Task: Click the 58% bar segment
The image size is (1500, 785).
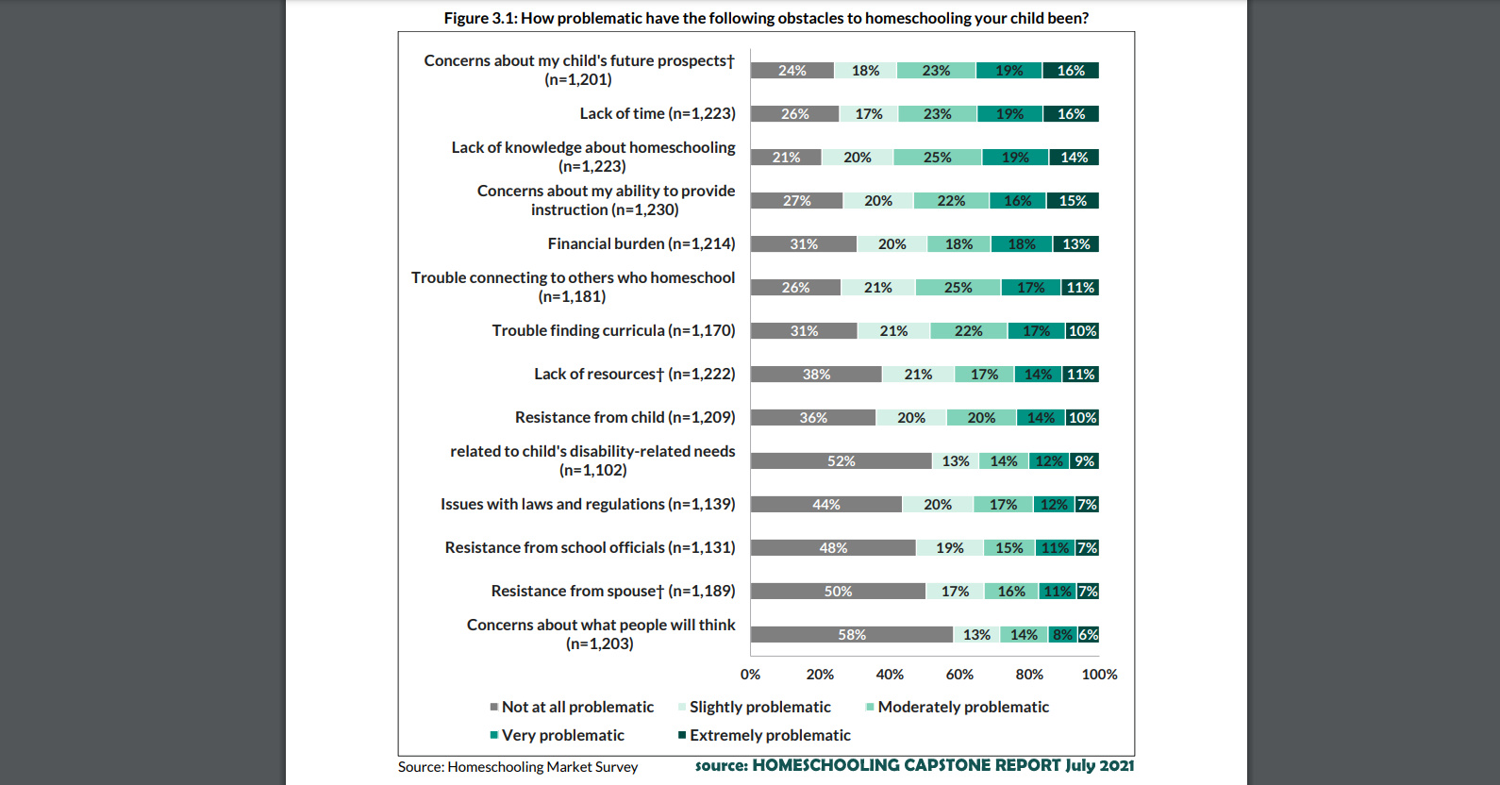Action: pyautogui.click(x=851, y=635)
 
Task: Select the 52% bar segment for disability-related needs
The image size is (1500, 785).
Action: pyautogui.click(x=841, y=461)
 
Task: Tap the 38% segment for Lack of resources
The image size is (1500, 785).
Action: pyautogui.click(x=816, y=375)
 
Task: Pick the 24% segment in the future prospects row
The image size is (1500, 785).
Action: pyautogui.click(x=792, y=71)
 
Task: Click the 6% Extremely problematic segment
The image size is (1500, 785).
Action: pyautogui.click(x=1089, y=635)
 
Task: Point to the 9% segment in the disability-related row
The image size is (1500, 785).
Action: pyautogui.click(x=1085, y=461)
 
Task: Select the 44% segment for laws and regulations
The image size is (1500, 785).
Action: pyautogui.click(x=826, y=505)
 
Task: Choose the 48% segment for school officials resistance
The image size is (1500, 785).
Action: pyautogui.click(x=833, y=548)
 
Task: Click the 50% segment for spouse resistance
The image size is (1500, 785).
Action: pyautogui.click(x=838, y=592)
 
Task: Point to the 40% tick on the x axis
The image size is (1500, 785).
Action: pyautogui.click(x=890, y=675)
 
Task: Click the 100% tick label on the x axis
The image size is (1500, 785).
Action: pyautogui.click(x=1099, y=675)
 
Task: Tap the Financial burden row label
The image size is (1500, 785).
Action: pyautogui.click(x=642, y=243)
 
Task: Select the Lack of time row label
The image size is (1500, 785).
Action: pyautogui.click(x=658, y=113)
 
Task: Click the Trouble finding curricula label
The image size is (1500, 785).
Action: pyautogui.click(x=613, y=330)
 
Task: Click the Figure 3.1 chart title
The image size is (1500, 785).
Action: pyautogui.click(x=766, y=18)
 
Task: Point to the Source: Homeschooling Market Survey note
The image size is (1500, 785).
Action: pyautogui.click(x=518, y=767)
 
